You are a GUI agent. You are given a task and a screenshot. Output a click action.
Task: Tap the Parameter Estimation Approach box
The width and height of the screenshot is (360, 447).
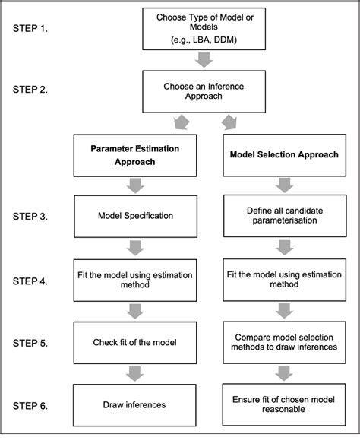click(x=129, y=156)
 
